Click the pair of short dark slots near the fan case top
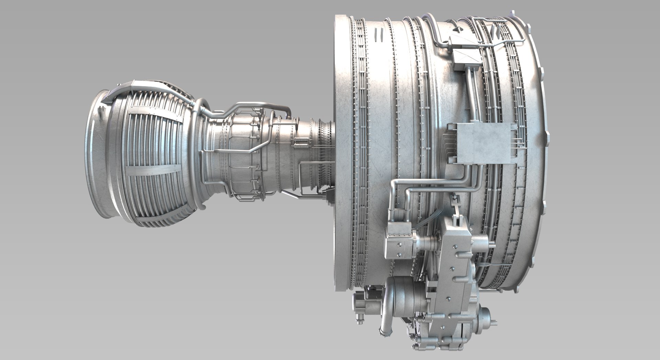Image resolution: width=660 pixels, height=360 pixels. pyautogui.click(x=379, y=35)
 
